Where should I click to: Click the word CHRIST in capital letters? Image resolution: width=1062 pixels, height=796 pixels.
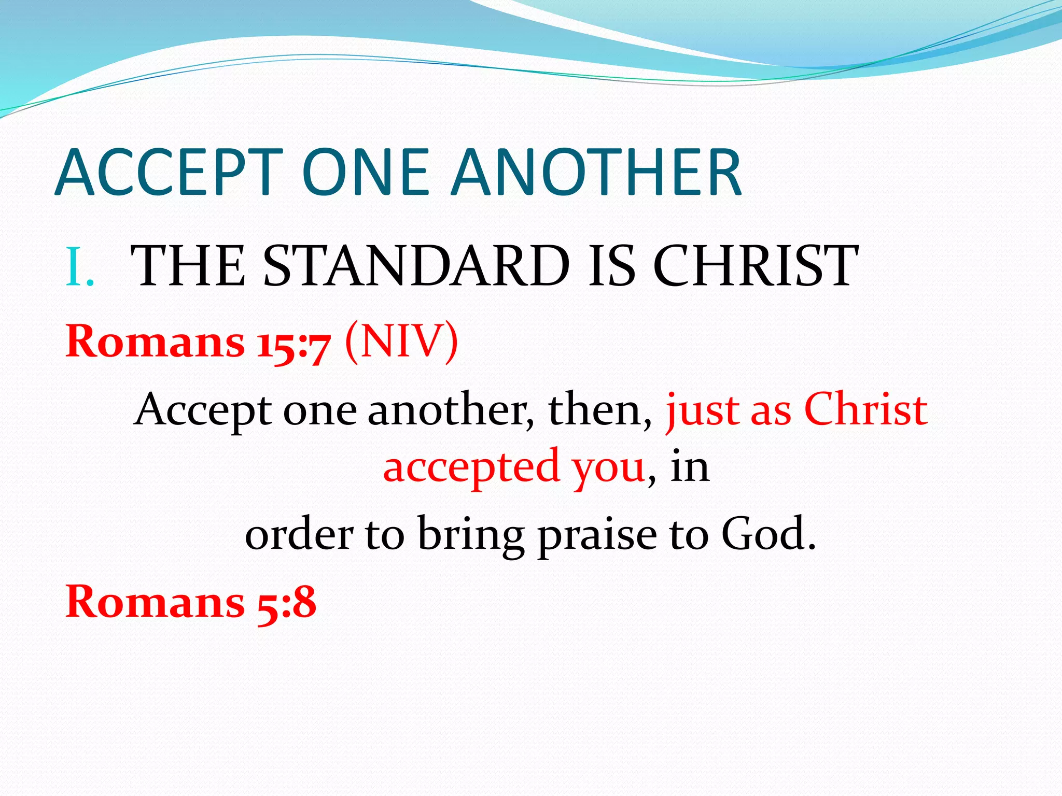click(x=755, y=266)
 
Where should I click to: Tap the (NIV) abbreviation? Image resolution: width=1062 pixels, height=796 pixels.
click(x=401, y=342)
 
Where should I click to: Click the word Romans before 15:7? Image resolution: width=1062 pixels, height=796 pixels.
click(x=155, y=342)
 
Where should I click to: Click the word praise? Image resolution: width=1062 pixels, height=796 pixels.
click(x=597, y=536)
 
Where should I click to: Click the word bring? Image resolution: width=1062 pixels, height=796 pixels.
click(x=470, y=536)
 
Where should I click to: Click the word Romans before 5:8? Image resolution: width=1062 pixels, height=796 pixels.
click(x=155, y=602)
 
